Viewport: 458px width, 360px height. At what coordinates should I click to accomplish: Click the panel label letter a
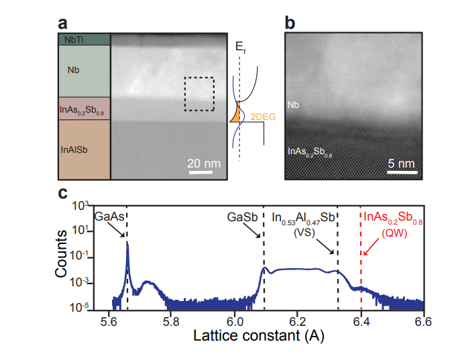tap(64, 23)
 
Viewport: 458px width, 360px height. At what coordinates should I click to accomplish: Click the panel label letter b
tap(290, 23)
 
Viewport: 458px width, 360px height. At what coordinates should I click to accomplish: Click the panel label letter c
tap(62, 194)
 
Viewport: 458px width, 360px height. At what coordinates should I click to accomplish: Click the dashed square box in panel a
tap(199, 94)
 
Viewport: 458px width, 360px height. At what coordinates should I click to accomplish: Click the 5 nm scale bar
tap(403, 172)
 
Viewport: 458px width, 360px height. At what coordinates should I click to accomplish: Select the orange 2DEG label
tap(262, 117)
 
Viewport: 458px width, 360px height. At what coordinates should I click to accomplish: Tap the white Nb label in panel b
tap(293, 105)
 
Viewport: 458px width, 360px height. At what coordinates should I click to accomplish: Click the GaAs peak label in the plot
tap(109, 217)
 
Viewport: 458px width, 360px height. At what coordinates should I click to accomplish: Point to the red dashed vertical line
tap(361, 268)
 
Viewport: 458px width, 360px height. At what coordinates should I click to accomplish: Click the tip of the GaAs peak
tap(127, 243)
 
